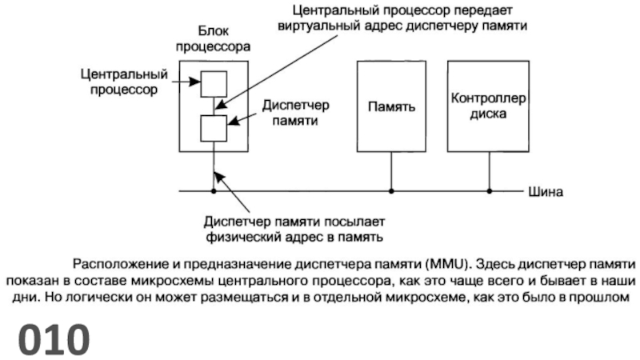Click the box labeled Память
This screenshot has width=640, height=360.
pos(391,106)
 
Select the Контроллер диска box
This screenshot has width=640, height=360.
pos(487,106)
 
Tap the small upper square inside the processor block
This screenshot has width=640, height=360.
pos(214,84)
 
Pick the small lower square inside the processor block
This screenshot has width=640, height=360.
pos(214,127)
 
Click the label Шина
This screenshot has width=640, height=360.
pos(546,192)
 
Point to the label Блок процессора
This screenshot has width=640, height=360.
pos(214,40)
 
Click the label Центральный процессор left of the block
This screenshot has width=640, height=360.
pos(124,82)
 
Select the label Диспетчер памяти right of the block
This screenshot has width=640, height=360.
pos(295,113)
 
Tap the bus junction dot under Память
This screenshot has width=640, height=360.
pos(391,191)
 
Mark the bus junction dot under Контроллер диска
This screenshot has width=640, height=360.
pos(490,191)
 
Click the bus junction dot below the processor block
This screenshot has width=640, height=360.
pos(214,191)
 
